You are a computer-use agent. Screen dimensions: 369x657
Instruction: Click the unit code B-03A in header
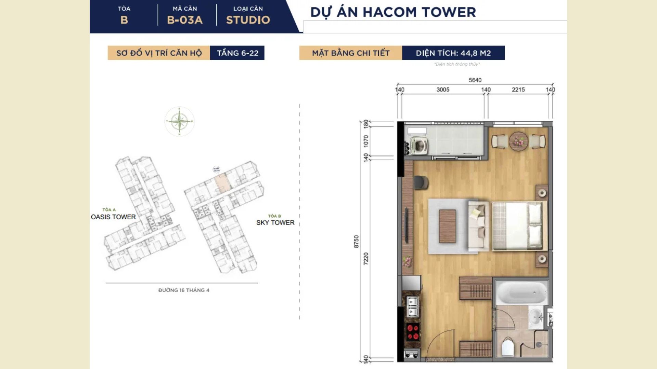point(185,20)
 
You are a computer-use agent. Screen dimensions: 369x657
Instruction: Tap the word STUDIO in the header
point(248,20)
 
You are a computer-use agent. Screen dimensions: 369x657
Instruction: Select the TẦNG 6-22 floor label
point(237,53)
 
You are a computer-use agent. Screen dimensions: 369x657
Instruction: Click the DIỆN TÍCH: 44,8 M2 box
point(453,53)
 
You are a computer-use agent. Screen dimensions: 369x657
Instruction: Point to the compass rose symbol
point(179,121)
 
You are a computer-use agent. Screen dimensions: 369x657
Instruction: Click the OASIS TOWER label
point(113,217)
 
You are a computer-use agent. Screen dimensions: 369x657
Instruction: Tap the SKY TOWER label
point(275,222)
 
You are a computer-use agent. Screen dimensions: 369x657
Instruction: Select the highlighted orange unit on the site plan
point(221,183)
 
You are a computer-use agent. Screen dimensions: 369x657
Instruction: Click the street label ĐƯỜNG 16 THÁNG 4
point(184,290)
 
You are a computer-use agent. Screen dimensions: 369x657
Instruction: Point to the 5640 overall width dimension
point(475,80)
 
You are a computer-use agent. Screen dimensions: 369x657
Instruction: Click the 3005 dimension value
point(443,90)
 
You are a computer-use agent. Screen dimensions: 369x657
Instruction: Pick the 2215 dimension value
point(518,90)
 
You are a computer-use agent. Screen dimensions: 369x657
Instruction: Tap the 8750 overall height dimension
point(356,242)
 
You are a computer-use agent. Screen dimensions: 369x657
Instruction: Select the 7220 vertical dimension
point(366,258)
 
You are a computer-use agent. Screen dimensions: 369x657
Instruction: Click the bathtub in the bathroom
point(521,292)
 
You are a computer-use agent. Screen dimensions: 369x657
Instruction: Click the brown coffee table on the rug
point(447,226)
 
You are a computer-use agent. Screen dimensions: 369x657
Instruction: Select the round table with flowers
point(518,141)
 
